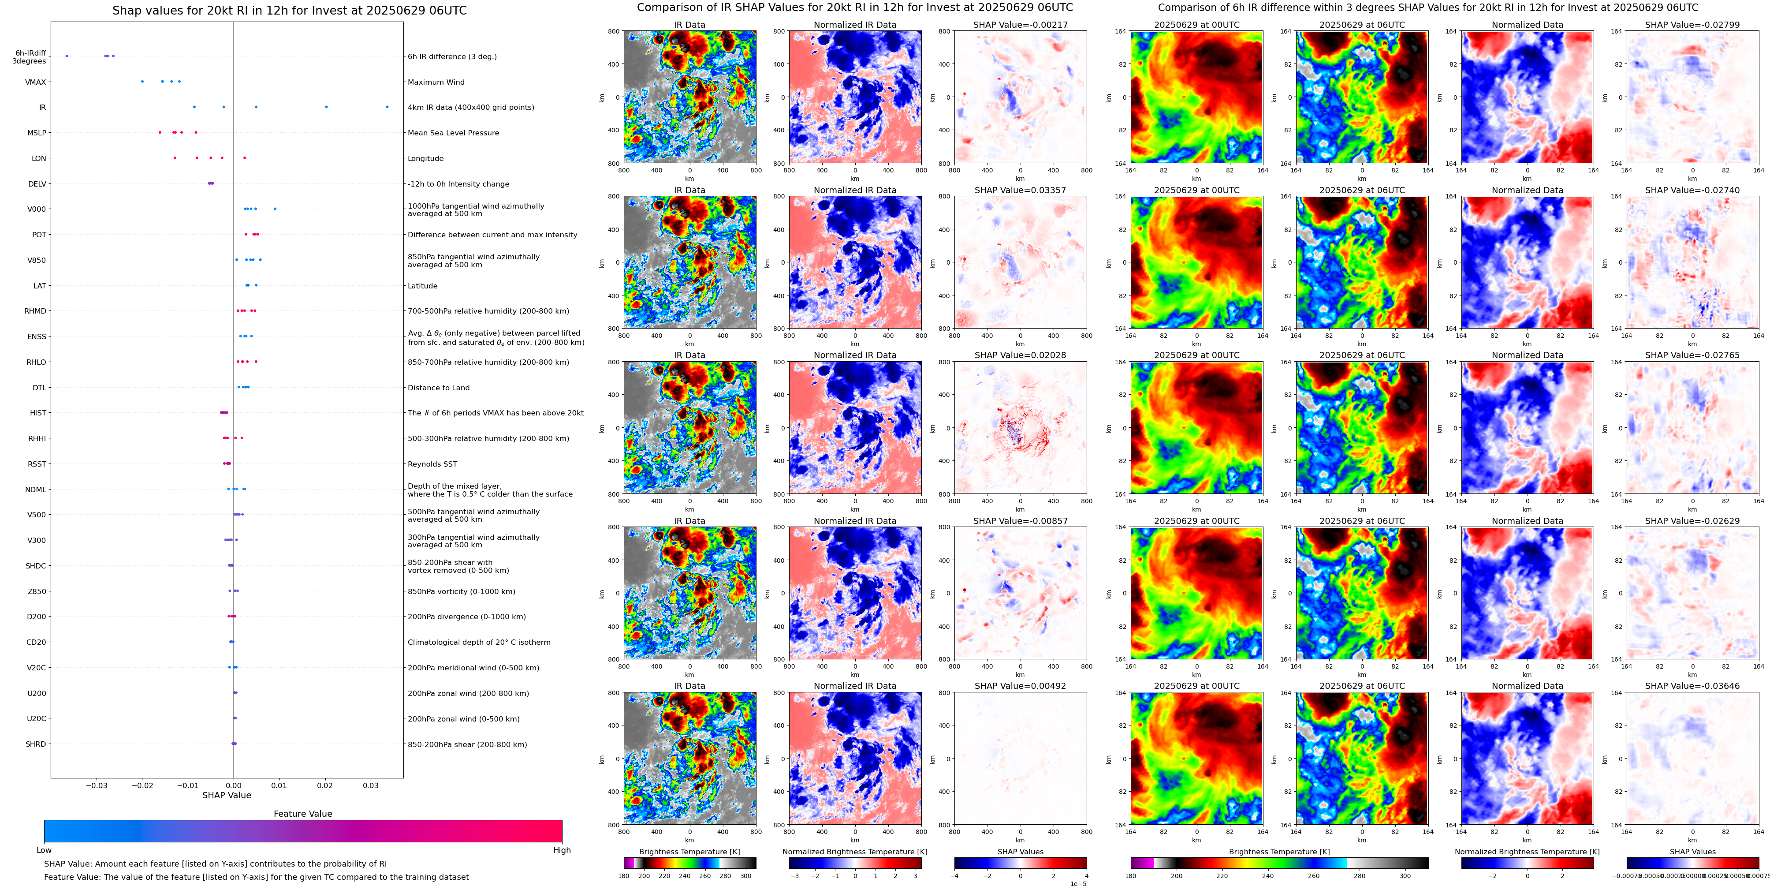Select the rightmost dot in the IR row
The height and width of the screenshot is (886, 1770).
tap(387, 107)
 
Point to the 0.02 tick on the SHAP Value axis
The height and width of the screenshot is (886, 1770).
tap(325, 785)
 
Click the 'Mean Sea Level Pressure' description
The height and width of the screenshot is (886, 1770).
tap(453, 133)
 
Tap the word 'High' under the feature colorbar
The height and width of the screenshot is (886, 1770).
tap(561, 850)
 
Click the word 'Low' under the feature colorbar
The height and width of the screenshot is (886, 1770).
tap(44, 850)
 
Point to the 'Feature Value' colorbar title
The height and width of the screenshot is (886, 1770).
tap(302, 814)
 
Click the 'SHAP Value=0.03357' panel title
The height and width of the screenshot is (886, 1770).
tap(1020, 191)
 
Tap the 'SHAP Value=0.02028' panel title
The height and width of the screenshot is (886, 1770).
tap(1020, 355)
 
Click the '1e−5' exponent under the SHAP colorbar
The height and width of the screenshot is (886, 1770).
tap(1077, 883)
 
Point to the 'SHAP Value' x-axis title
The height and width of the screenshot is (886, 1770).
tap(226, 795)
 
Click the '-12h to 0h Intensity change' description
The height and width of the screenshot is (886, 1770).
tap(458, 184)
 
